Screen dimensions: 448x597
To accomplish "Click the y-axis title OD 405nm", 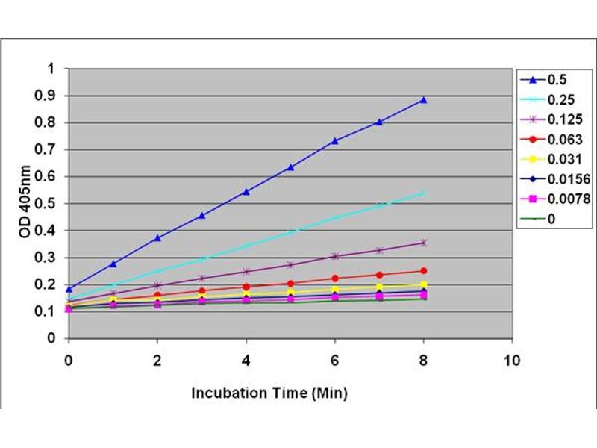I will pyautogui.click(x=25, y=203).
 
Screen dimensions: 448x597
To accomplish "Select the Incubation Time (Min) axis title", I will pyautogui.click(x=269, y=391).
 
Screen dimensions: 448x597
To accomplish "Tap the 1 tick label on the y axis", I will pyautogui.click(x=52, y=69).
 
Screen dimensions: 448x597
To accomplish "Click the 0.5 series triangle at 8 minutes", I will pyautogui.click(x=424, y=99).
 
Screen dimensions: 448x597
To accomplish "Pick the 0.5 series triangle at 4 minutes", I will pyautogui.click(x=246, y=192).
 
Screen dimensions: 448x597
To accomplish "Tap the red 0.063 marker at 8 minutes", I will pyautogui.click(x=424, y=270).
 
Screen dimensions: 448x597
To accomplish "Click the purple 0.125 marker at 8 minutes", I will pyautogui.click(x=424, y=243).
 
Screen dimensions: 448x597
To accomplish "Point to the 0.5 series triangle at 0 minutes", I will pyautogui.click(x=69, y=289).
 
